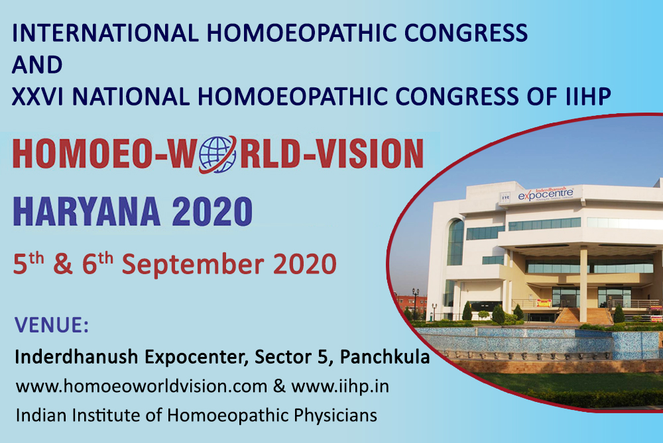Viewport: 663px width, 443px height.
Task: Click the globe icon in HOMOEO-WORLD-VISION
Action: click(x=217, y=154)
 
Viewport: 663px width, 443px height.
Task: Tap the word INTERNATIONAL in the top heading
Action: click(x=105, y=33)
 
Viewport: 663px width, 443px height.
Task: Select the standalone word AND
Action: click(x=37, y=65)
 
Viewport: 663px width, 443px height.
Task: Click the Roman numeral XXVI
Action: click(x=38, y=96)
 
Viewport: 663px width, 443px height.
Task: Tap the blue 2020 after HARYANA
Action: click(x=212, y=212)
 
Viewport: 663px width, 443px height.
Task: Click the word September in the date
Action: click(x=193, y=265)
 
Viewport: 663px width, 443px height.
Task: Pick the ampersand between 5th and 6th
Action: click(x=62, y=265)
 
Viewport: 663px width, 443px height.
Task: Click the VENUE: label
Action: click(x=52, y=324)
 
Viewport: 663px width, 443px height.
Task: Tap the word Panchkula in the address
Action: click(x=385, y=357)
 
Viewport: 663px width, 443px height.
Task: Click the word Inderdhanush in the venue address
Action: click(x=76, y=357)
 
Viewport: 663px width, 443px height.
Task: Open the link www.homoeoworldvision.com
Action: click(x=142, y=387)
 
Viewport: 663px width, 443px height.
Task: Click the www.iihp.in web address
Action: click(x=340, y=387)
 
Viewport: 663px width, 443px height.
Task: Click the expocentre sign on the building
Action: click(x=546, y=194)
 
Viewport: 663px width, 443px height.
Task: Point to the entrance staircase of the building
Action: click(x=583, y=316)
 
